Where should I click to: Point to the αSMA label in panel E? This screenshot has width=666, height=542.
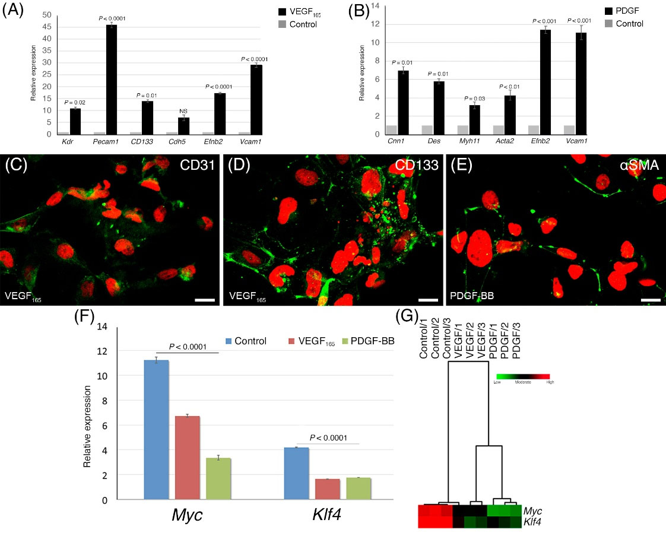point(639,167)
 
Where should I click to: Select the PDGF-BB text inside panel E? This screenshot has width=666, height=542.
point(471,293)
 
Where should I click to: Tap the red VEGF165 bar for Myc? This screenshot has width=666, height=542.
point(187,458)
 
